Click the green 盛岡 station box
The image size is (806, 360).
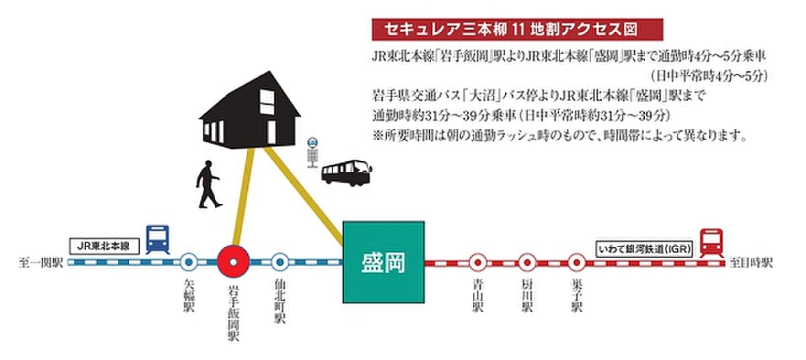[384, 262]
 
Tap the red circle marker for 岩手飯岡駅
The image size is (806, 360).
[233, 262]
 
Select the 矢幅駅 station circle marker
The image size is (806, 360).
[189, 262]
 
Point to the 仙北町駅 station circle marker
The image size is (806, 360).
[280, 262]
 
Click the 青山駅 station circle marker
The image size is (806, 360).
[478, 263]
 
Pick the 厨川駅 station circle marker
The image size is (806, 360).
[527, 263]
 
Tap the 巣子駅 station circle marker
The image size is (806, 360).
[576, 263]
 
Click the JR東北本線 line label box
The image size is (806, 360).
[103, 246]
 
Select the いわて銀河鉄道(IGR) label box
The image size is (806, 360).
[644, 249]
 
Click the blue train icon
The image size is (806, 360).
[157, 240]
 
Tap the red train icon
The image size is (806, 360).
[711, 243]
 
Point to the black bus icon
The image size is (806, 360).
[346, 173]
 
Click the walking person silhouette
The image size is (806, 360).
[208, 184]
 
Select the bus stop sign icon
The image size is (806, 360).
[313, 153]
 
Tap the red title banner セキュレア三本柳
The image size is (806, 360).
[517, 30]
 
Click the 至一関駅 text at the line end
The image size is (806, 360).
[41, 263]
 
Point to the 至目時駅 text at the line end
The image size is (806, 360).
[751, 263]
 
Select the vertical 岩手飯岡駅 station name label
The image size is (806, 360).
[233, 314]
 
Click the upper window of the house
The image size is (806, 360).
[267, 102]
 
